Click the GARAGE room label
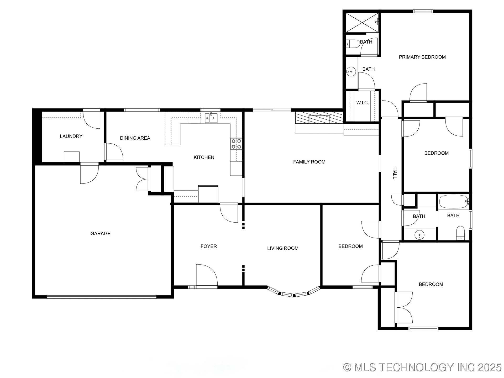100,233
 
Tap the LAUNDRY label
71,136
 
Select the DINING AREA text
135,138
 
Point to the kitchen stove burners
236,144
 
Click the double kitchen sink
211,118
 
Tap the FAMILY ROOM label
309,162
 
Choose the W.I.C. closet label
362,103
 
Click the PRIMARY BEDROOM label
422,57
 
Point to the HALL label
394,173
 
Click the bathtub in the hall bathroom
453,202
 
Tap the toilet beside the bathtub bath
460,233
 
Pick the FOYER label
209,246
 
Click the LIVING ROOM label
283,248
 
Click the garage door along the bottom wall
102,297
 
